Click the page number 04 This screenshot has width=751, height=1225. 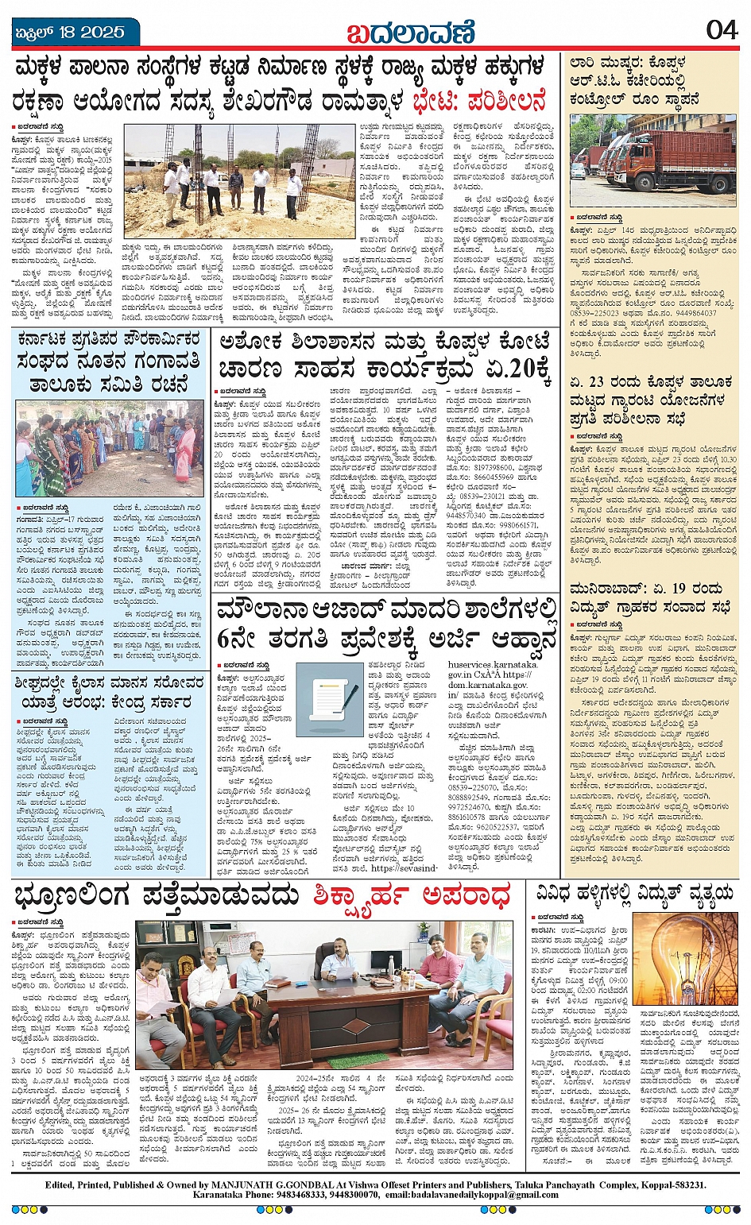722,30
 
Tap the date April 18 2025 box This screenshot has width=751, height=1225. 72,32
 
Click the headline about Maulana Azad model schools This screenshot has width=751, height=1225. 388,623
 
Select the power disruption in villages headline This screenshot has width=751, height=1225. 633,895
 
